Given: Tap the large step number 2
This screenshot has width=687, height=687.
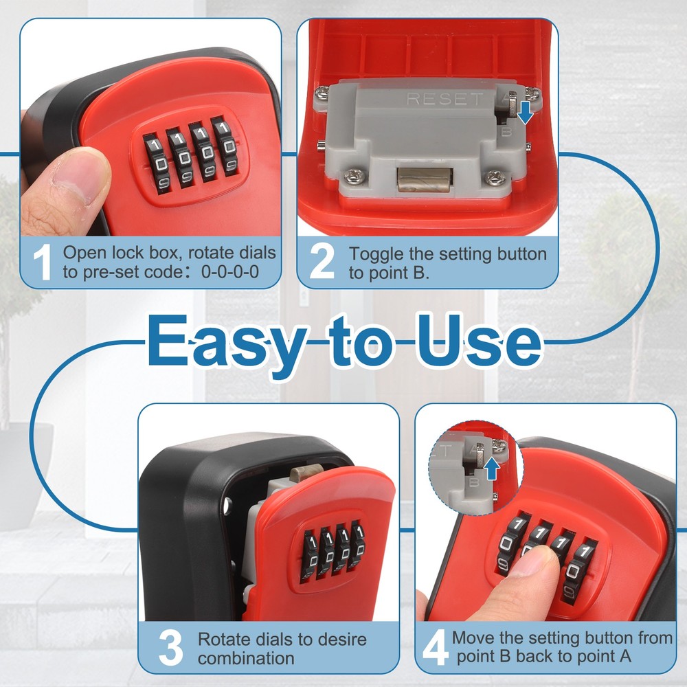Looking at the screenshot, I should point(322,262).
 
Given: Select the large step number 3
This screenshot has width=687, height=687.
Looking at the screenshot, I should point(170,647).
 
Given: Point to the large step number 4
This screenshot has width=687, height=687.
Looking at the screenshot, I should point(435,647).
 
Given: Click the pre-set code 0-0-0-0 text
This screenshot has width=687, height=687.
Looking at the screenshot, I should point(230,271).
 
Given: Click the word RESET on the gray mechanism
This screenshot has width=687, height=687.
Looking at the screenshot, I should point(445,99).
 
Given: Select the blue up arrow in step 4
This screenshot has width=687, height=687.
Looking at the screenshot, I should point(492,469).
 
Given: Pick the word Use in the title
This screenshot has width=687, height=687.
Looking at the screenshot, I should point(474,341).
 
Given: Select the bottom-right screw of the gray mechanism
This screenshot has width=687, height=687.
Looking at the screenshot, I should point(493,177).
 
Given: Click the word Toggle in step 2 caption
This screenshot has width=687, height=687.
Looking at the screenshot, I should point(372,254).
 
